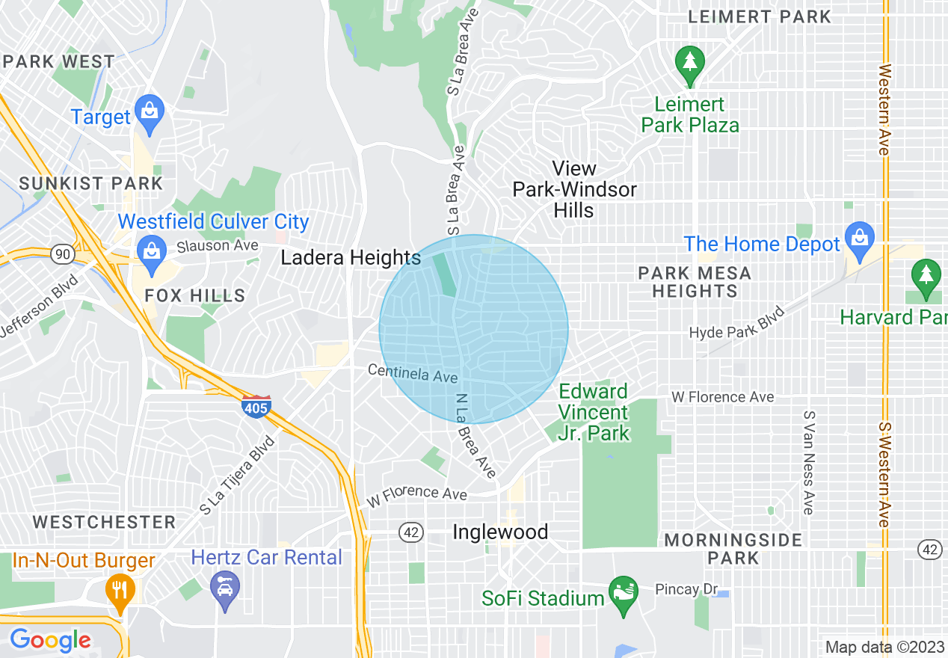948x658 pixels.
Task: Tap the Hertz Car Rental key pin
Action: coord(225,591)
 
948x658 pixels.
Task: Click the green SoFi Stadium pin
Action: coord(622,594)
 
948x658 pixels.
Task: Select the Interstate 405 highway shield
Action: coord(256,408)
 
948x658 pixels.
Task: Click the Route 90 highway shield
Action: coord(62,254)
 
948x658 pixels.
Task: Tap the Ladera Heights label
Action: coord(351,258)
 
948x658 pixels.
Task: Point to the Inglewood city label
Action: coord(500,532)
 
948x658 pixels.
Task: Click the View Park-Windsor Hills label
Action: coord(574,189)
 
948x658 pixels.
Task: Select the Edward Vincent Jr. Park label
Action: coord(594,412)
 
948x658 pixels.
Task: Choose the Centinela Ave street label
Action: coord(413,373)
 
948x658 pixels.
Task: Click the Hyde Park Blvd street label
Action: coord(737,322)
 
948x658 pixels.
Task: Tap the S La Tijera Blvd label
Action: coord(238,476)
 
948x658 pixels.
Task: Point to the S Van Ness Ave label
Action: coord(808,461)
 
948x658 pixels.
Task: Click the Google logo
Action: coord(50,640)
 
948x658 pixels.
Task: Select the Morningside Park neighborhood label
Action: coord(733,549)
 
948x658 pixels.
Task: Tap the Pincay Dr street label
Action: coord(686,590)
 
